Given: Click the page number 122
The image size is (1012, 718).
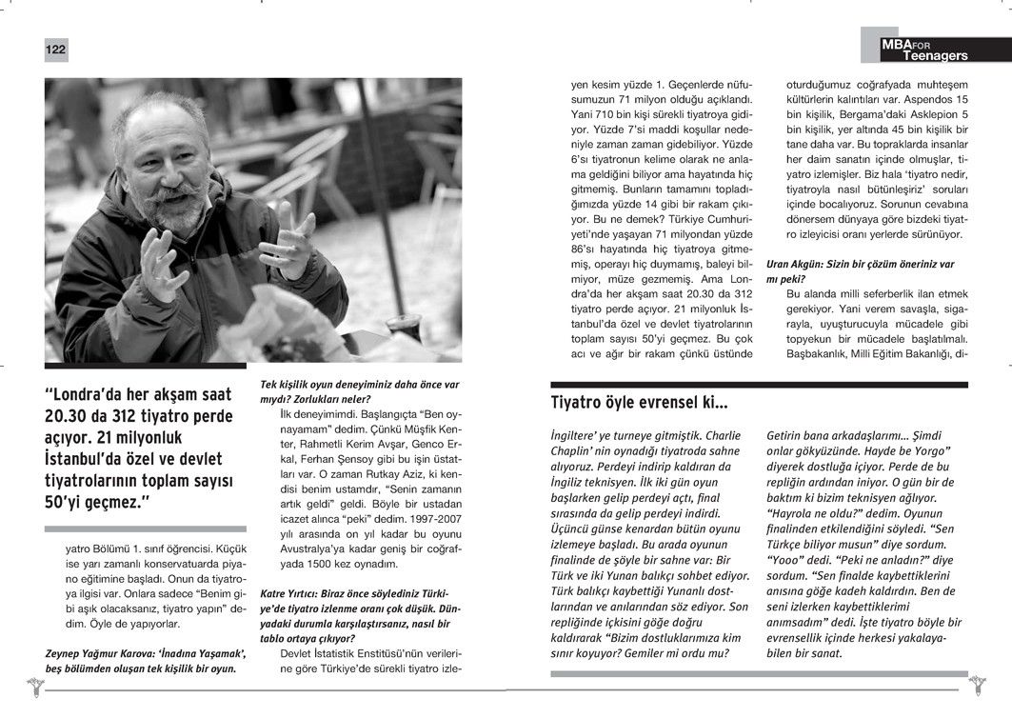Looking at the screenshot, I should coord(54,50).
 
